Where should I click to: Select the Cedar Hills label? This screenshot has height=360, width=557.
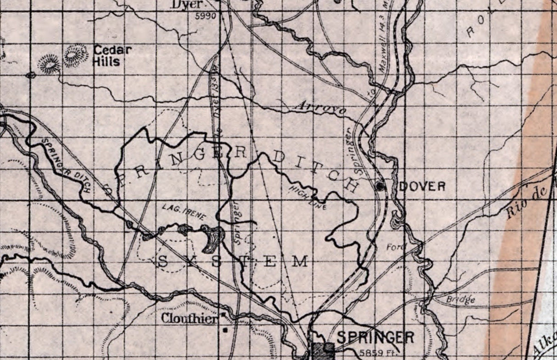pyautogui.click(x=112, y=55)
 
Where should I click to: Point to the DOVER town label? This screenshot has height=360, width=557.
pyautogui.click(x=422, y=186)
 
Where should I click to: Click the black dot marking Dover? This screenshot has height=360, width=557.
pyautogui.click(x=380, y=186)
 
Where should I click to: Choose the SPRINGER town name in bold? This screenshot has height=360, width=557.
pyautogui.click(x=376, y=338)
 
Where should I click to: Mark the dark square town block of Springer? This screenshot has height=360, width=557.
pyautogui.click(x=323, y=349)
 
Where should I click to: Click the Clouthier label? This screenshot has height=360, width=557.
pyautogui.click(x=189, y=319)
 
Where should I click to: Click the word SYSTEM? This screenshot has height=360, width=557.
pyautogui.click(x=233, y=262)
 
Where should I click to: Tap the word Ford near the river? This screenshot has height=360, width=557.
pyautogui.click(x=396, y=247)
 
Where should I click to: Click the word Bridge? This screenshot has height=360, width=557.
pyautogui.click(x=460, y=300)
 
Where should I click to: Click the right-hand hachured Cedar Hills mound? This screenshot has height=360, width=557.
pyautogui.click(x=76, y=55)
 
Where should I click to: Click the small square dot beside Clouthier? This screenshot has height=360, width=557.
pyautogui.click(x=225, y=330)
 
